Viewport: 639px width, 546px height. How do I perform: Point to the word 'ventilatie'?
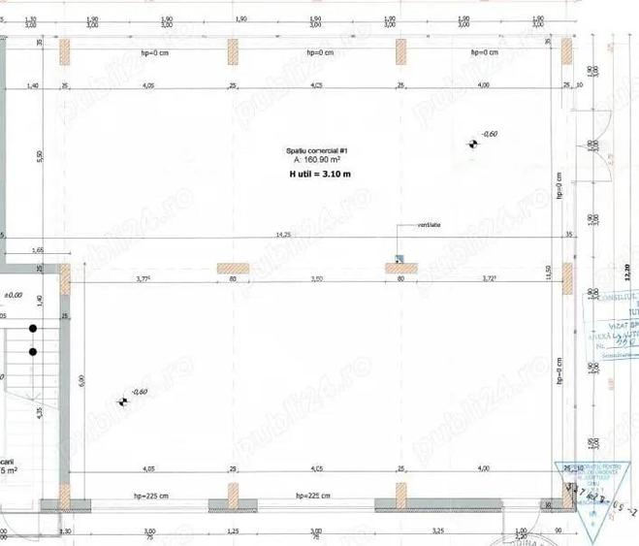[429, 225]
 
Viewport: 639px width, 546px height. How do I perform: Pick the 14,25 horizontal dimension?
[283, 234]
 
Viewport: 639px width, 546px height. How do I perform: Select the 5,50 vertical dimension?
[40, 155]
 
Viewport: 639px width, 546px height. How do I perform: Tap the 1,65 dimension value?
[38, 249]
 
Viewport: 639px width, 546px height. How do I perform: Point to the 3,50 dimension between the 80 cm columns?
[316, 279]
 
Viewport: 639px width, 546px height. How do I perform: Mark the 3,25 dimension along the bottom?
[437, 531]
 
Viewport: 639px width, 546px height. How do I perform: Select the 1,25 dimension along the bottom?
[233, 531]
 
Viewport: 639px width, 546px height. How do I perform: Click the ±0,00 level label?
[13, 294]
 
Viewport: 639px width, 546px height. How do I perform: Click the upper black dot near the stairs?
[33, 328]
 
